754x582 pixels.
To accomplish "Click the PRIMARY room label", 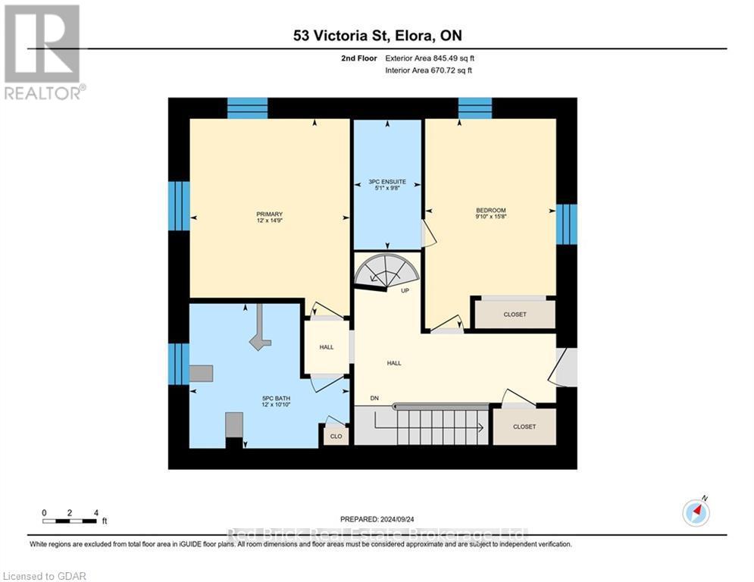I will pos(269,217).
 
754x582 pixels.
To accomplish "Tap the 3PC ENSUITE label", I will pos(387,185).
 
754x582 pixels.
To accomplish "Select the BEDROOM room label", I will pos(490,214).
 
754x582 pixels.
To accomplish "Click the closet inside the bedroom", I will pos(515,314).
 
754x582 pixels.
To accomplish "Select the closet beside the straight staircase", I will pos(524,427).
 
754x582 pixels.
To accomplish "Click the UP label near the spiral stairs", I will pos(405,290).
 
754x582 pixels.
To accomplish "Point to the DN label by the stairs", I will pos(374,398).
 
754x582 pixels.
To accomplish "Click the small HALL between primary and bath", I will pos(326,347).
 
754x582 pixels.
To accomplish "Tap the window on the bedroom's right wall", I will pos(566,224).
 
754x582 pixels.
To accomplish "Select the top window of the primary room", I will pos(248,108).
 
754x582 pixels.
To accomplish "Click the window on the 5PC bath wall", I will pos(178,364).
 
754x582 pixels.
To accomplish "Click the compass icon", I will pos(695,512).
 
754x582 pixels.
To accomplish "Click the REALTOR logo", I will pos(43,52).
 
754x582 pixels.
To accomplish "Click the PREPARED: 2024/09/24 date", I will pos(376,519).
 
